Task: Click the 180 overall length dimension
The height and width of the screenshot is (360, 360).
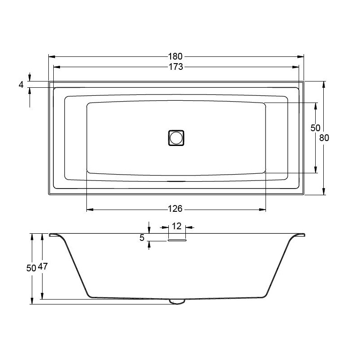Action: (x=175, y=56)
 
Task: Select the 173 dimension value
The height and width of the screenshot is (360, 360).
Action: (x=176, y=67)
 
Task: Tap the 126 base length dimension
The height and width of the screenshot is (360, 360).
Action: (x=175, y=209)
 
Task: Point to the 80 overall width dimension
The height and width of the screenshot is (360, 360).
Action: (x=324, y=138)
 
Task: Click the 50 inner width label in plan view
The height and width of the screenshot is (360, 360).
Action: (x=315, y=128)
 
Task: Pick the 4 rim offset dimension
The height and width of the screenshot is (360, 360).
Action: (x=21, y=85)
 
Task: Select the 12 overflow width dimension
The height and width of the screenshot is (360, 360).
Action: (x=176, y=226)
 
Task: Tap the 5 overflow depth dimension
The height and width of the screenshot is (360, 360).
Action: (x=142, y=238)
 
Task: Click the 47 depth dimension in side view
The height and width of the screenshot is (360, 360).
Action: (x=43, y=266)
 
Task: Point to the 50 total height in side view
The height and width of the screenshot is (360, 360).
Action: (x=31, y=268)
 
